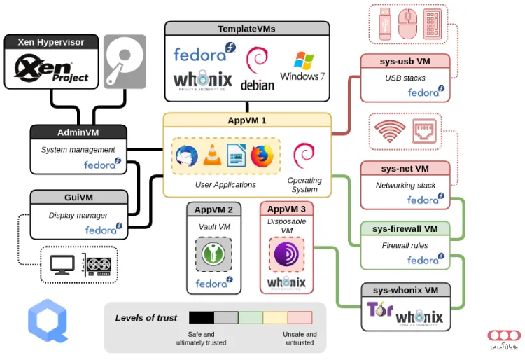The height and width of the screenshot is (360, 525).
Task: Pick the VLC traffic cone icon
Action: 211,155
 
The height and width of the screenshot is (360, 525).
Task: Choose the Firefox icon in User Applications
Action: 261,155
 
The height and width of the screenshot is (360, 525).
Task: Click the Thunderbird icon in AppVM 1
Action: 186,155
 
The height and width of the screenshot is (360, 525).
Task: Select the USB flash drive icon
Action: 386,23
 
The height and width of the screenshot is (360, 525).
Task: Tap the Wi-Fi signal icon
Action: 389,131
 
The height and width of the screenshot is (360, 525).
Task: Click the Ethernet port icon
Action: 423,131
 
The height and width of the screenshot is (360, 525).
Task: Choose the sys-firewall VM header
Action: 405,228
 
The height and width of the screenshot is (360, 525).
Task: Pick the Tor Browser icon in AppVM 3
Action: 286,254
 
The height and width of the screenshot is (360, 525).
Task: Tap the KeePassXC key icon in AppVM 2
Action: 213,254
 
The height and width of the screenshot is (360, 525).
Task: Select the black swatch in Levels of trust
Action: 201,318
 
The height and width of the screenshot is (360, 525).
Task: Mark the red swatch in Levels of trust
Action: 300,318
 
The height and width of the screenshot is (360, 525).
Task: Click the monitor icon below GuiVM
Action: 62,264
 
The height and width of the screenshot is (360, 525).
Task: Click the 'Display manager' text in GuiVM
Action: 78,216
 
